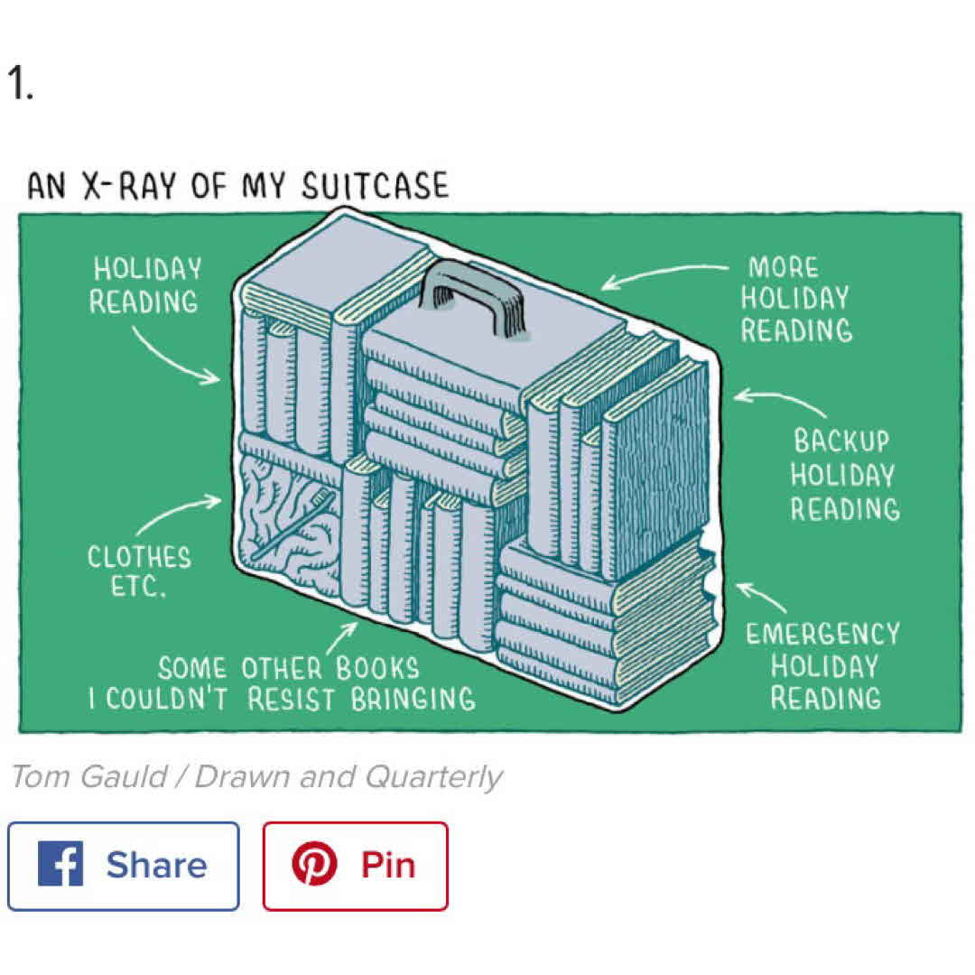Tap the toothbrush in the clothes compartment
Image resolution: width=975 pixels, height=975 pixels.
click(292, 523)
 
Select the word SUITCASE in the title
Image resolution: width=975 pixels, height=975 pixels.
click(375, 185)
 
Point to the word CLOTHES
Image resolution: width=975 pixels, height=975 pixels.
click(139, 557)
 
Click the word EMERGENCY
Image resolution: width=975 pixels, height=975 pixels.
click(822, 635)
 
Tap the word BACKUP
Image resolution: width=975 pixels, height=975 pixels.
click(841, 441)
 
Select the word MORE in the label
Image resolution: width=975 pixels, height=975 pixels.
click(784, 267)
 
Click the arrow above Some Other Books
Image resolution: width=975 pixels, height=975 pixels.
click(342, 638)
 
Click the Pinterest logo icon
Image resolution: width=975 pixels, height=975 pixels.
click(315, 864)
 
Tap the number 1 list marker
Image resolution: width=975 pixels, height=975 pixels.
click(20, 83)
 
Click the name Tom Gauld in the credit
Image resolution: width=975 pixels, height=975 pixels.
click(88, 776)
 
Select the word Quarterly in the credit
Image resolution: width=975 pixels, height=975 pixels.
click(433, 778)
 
